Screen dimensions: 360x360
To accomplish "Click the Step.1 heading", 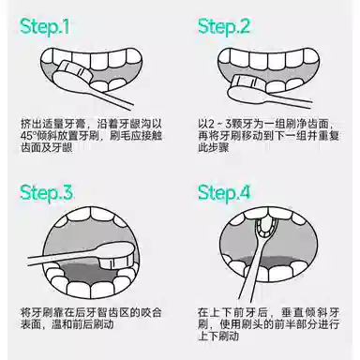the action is (x=45, y=26).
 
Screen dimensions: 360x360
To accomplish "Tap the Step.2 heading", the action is (x=224, y=26).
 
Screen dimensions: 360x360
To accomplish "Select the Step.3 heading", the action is (x=46, y=193).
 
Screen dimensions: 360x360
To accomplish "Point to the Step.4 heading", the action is (x=224, y=193).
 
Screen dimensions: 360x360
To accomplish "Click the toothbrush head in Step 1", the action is (x=72, y=75).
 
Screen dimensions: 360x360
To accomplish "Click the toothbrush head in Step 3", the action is (x=115, y=255).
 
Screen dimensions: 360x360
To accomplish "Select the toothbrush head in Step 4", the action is (x=264, y=228).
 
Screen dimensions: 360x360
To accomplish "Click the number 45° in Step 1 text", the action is (x=28, y=136).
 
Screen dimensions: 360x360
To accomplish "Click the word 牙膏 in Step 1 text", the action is (x=74, y=124).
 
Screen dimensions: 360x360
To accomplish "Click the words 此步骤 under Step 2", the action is (x=214, y=147).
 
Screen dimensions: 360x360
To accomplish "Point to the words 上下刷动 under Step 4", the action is (x=218, y=336).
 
